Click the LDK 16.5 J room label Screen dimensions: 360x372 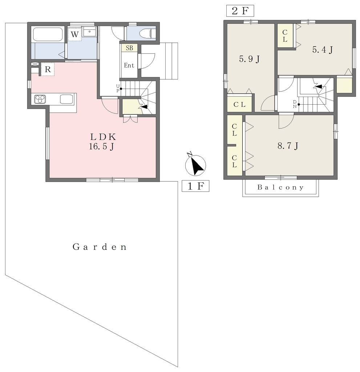pyautogui.click(x=102, y=142)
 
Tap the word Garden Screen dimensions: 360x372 pyautogui.click(x=100, y=247)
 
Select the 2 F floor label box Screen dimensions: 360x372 pyautogui.click(x=240, y=11)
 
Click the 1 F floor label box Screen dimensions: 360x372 pyautogui.click(x=195, y=186)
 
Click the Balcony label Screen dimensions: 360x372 pyautogui.click(x=280, y=187)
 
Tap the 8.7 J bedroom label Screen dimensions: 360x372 pyautogui.click(x=288, y=145)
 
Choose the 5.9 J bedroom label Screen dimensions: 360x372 pyautogui.click(x=249, y=58)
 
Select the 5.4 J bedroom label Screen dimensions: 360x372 pyautogui.click(x=322, y=49)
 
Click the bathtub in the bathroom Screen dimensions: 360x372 pyautogui.click(x=48, y=34)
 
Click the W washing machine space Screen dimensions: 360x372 pyautogui.click(x=74, y=35)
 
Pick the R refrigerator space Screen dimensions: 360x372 pyautogui.click(x=48, y=69)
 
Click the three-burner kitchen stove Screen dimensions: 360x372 pyautogui.click(x=40, y=99)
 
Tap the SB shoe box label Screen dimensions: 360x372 pyautogui.click(x=129, y=48)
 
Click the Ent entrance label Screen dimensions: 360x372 pyautogui.click(x=129, y=65)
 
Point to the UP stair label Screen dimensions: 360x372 pyautogui.click(x=118, y=89)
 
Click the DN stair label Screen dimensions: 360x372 pyautogui.click(x=295, y=104)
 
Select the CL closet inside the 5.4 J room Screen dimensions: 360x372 pyautogui.click(x=285, y=36)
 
